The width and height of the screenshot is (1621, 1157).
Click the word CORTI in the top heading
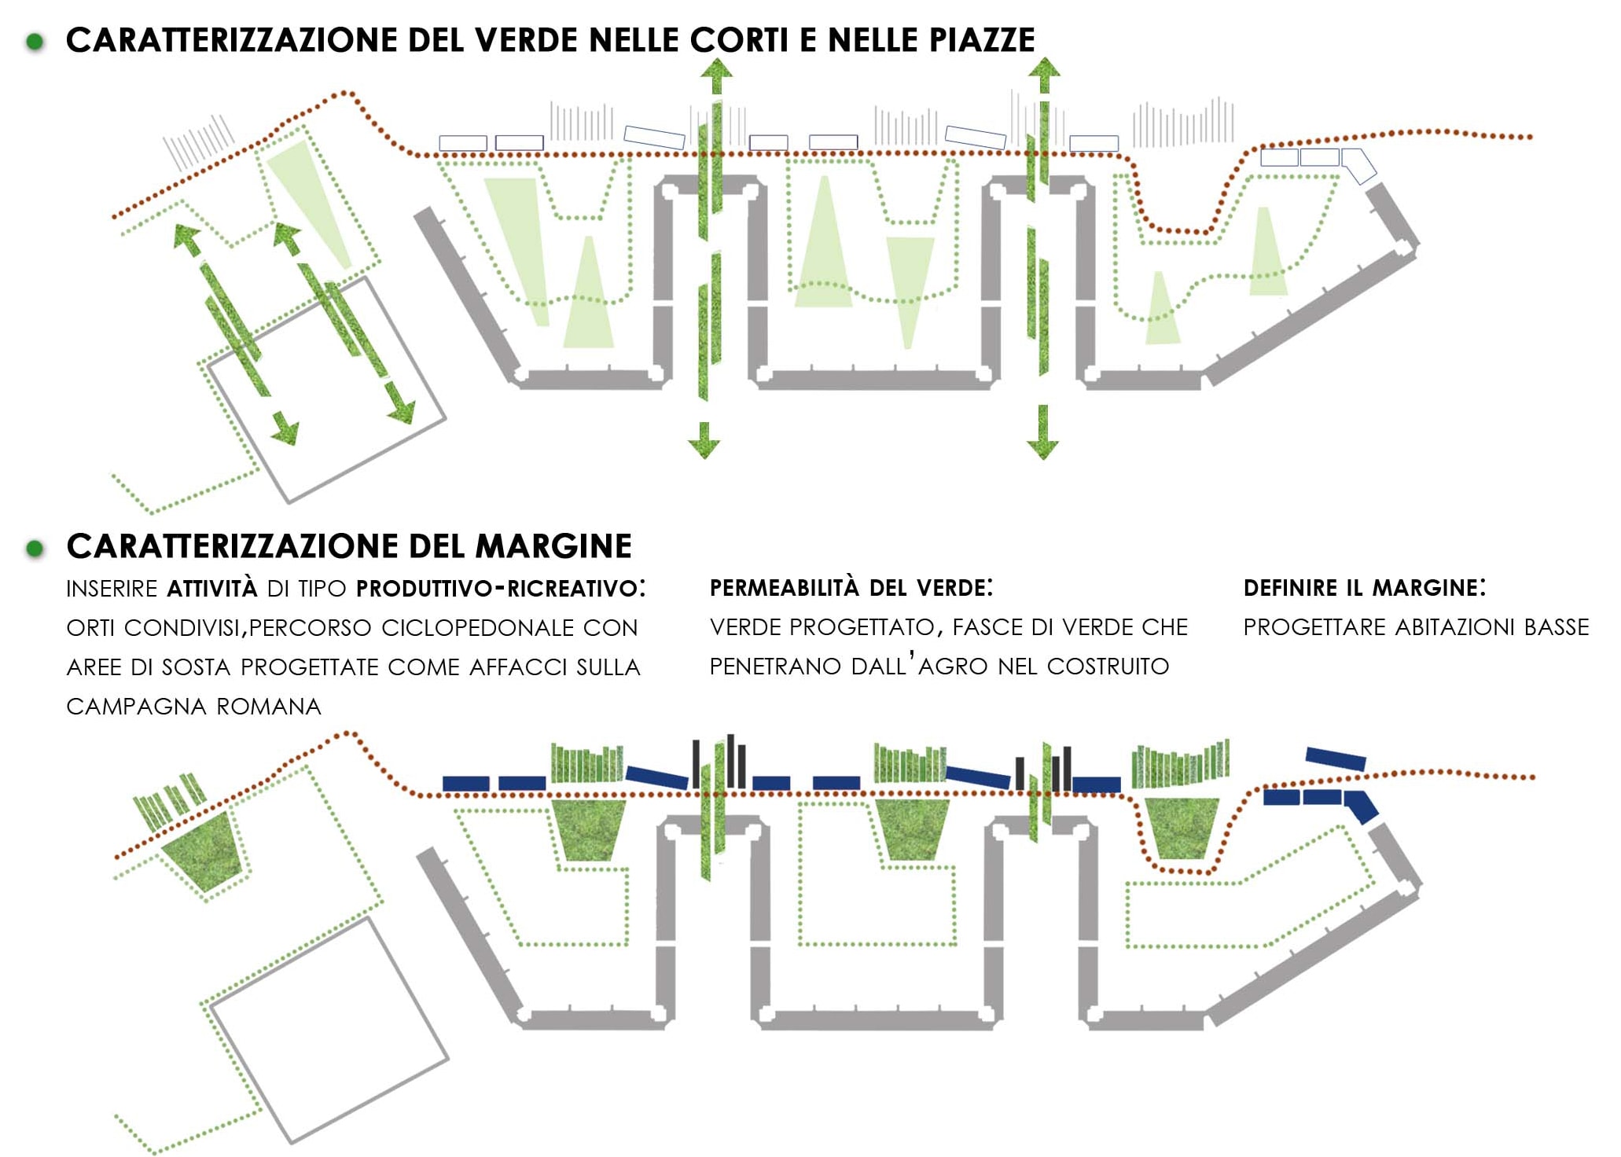pos(739,40)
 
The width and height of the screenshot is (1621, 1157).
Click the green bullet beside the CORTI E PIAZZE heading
pos(35,41)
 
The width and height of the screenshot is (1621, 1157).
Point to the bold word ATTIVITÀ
pos(212,588)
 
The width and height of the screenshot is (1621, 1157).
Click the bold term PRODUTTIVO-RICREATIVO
pos(497,589)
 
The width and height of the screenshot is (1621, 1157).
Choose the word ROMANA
pos(269,707)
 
